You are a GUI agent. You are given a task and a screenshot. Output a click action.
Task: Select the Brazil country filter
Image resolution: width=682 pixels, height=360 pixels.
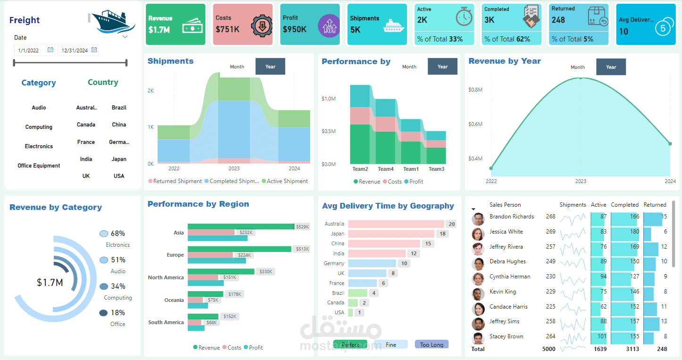119,108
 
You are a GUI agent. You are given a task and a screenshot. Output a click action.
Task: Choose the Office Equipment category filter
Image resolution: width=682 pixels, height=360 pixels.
39,166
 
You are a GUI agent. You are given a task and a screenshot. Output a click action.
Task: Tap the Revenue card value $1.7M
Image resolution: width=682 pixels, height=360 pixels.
159,30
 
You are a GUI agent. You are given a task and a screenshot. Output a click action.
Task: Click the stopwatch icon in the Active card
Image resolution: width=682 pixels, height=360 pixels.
463,17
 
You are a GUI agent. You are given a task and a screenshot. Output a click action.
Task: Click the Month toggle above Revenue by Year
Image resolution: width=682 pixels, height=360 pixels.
578,67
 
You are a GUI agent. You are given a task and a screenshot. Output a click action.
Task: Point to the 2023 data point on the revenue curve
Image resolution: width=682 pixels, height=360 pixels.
581,78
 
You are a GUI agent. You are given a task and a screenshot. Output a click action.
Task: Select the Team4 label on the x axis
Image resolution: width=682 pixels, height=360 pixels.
386,169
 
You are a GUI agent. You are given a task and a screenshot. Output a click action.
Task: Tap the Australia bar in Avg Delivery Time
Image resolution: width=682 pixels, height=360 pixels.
396,224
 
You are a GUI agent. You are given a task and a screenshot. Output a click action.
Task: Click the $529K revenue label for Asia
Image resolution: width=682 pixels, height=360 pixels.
302,226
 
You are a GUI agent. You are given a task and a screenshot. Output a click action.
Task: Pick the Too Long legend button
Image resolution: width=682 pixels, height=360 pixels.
431,344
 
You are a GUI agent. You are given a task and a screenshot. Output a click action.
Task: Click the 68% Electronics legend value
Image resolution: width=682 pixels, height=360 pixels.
118,234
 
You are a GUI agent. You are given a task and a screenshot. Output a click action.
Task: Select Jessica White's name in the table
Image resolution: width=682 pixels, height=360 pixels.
506,232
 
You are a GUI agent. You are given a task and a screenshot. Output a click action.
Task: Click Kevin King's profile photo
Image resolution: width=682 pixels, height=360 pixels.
478,294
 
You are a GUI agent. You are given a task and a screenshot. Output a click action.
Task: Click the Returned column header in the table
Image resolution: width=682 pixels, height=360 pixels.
655,205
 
